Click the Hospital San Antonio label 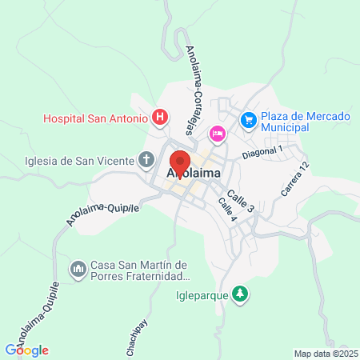(95, 118)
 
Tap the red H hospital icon (160, 118)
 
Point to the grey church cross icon (146, 160)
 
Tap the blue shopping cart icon (248, 119)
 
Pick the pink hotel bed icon (216, 132)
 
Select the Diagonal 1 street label (263, 150)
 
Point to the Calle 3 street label (240, 201)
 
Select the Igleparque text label (199, 294)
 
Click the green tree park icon (239, 294)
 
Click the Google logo (27, 350)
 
